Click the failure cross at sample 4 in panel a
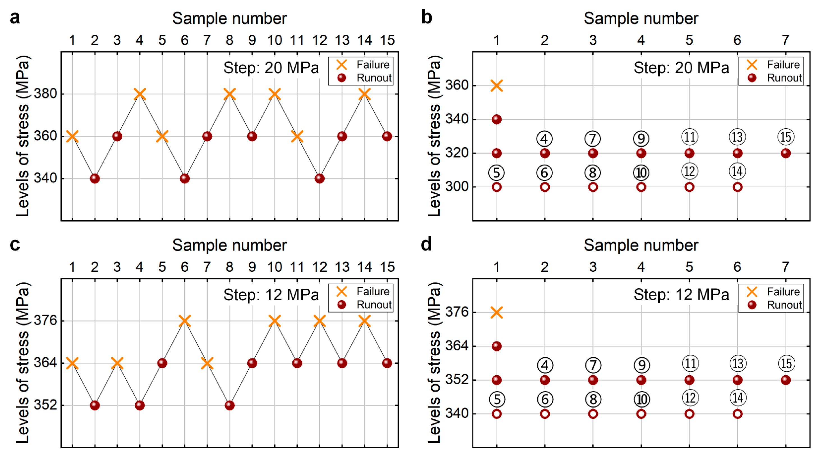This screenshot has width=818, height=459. [x=140, y=94]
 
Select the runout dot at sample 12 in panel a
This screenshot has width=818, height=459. [x=319, y=178]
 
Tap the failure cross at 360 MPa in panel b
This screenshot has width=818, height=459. [x=497, y=85]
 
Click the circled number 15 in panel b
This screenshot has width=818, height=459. [x=786, y=137]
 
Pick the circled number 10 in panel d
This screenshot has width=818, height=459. [x=641, y=399]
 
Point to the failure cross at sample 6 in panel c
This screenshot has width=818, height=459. [x=184, y=321]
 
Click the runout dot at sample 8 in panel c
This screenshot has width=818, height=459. [x=230, y=405]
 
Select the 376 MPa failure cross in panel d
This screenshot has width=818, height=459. [x=497, y=312]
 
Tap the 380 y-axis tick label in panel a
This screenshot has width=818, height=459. [x=45, y=94]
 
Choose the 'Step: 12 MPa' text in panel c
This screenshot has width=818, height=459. [x=271, y=295]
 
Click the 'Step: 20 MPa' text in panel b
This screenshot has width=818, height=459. [x=681, y=68]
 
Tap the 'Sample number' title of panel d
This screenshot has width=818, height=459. [x=641, y=245]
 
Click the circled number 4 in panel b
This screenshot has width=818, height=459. [x=545, y=138]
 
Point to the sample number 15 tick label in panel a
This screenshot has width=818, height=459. [x=387, y=40]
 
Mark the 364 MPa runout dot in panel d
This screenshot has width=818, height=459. [x=497, y=346]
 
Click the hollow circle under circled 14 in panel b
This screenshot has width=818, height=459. [x=737, y=187]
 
